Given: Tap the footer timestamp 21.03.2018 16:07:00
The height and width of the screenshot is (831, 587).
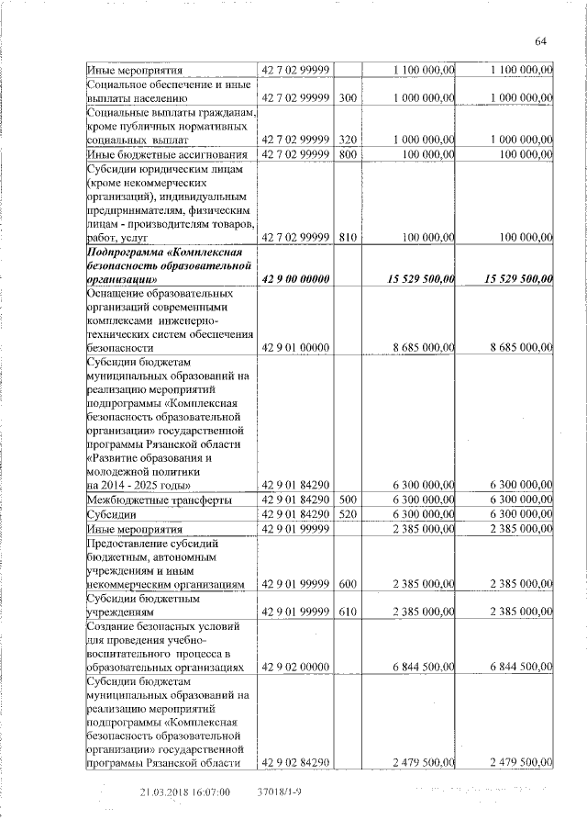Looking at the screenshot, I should click(184, 792).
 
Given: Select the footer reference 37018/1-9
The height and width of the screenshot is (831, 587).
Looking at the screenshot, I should click(281, 792).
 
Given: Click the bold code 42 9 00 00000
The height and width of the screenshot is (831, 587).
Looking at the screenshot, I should click(295, 279).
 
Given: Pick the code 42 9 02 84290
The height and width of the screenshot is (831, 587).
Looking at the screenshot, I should click(295, 761).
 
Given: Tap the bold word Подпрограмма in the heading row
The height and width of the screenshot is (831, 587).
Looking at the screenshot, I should click(128, 252).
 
